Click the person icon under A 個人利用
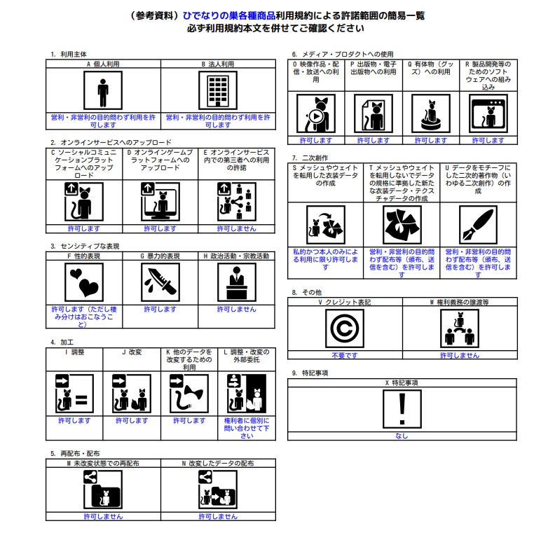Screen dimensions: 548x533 coord(103,90)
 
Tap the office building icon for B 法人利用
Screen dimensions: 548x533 coord(218,90)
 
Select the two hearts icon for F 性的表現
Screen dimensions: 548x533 coord(84,282)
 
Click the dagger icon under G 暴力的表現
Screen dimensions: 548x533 coord(160,282)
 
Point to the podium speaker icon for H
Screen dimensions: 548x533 coord(237,282)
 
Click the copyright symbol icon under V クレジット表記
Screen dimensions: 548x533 coord(345,328)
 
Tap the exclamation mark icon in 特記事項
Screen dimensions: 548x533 coord(402,409)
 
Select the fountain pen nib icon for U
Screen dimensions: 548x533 coord(478,225)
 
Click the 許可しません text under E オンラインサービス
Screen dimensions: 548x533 coord(237,229)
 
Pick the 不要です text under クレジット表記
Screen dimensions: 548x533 coord(345,355)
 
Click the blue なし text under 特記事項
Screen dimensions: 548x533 coord(402,436)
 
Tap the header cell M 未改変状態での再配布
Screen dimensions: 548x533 coord(103,464)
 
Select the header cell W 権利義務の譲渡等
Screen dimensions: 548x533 coord(460,302)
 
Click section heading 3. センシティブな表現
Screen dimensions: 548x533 coord(85,247)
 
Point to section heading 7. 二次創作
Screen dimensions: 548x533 coord(310,158)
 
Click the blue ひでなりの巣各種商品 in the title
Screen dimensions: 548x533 coord(229,15)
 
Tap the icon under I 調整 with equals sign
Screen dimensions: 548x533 coord(74,394)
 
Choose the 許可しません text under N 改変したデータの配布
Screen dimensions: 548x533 coord(218,517)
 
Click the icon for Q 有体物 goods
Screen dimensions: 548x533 coord(431,113)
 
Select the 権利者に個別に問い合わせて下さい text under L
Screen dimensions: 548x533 coord(247,428)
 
